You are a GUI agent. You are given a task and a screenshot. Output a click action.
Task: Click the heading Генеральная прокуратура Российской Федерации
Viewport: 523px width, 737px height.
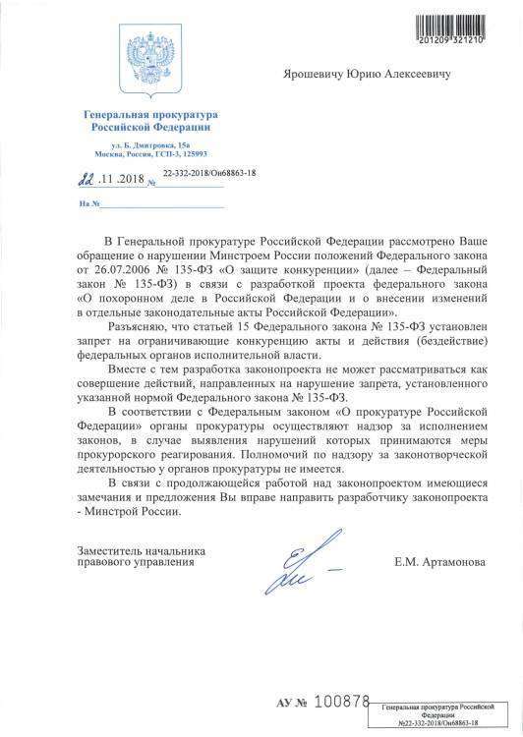tap(146, 123)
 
